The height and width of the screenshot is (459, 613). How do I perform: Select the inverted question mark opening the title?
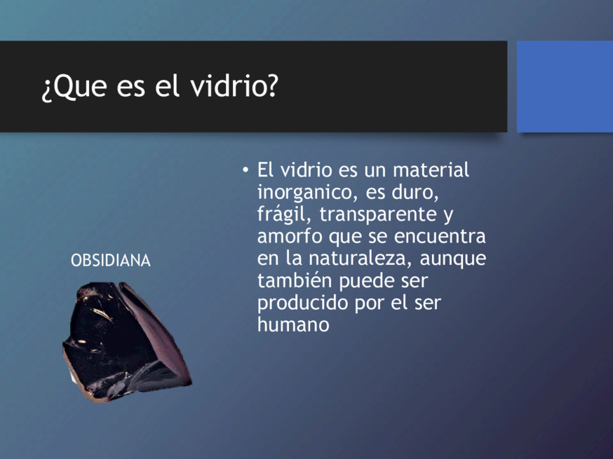tap(46, 90)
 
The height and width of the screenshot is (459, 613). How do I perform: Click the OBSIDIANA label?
tap(111, 261)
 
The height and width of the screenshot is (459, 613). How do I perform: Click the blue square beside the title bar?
tap(565, 86)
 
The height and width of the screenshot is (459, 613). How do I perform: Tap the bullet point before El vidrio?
tap(245, 170)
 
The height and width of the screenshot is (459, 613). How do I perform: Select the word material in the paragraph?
tap(431, 170)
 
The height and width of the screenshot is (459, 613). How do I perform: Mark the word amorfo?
tap(290, 236)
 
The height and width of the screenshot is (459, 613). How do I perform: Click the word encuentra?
tap(440, 237)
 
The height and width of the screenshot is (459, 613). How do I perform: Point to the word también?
tap(295, 280)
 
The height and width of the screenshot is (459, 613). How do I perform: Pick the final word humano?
tap(293, 324)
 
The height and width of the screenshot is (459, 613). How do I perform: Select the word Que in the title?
tap(80, 87)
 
